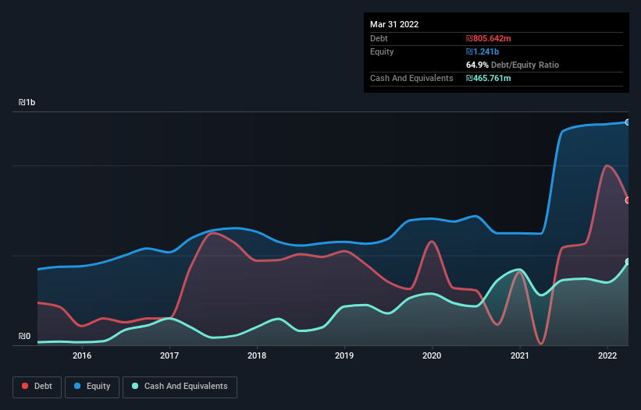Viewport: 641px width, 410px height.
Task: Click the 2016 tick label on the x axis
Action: pyautogui.click(x=82, y=356)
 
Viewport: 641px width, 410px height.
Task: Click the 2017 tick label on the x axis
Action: pyautogui.click(x=169, y=356)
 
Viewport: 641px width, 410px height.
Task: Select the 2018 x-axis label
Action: pyautogui.click(x=257, y=356)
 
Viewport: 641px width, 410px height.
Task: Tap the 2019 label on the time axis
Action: pyautogui.click(x=344, y=356)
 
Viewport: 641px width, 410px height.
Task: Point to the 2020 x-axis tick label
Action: pyautogui.click(x=432, y=356)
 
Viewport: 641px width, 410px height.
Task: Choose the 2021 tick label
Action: pyautogui.click(x=519, y=356)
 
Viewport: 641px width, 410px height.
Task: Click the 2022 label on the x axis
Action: pyautogui.click(x=607, y=356)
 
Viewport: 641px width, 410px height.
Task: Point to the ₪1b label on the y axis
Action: pyautogui.click(x=27, y=103)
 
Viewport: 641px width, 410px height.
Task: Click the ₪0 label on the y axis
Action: pyautogui.click(x=25, y=337)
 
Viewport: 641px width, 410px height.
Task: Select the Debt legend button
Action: pyautogui.click(x=37, y=387)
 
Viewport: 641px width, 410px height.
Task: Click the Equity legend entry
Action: pyautogui.click(x=92, y=387)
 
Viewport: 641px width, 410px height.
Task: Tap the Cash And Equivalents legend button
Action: pyautogui.click(x=180, y=387)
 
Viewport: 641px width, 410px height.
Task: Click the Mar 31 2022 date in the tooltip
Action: pyautogui.click(x=394, y=24)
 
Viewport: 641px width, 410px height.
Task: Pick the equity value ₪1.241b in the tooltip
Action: pyautogui.click(x=484, y=51)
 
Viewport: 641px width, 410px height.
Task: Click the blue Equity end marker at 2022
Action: pyautogui.click(x=628, y=122)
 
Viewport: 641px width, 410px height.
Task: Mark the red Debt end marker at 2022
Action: pyautogui.click(x=628, y=200)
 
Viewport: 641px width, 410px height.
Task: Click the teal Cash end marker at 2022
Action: pyautogui.click(x=628, y=262)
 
